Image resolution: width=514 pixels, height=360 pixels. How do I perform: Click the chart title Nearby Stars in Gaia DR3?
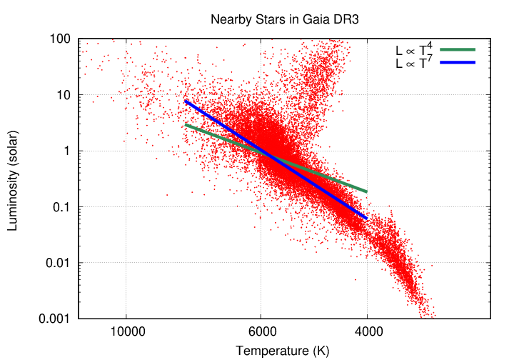[284, 19]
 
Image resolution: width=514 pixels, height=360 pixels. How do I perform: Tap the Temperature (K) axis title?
[283, 351]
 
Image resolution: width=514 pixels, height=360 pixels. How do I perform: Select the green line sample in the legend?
[458, 49]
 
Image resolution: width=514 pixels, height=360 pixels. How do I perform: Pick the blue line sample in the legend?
[458, 63]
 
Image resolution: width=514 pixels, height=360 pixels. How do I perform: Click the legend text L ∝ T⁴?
[415, 50]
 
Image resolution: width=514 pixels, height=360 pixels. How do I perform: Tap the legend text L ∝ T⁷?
[415, 64]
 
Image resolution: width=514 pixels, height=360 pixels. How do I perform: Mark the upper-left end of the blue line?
[186, 101]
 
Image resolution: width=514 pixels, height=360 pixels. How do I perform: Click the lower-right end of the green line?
[366, 191]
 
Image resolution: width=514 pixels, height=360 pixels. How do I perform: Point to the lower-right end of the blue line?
[366, 218]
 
